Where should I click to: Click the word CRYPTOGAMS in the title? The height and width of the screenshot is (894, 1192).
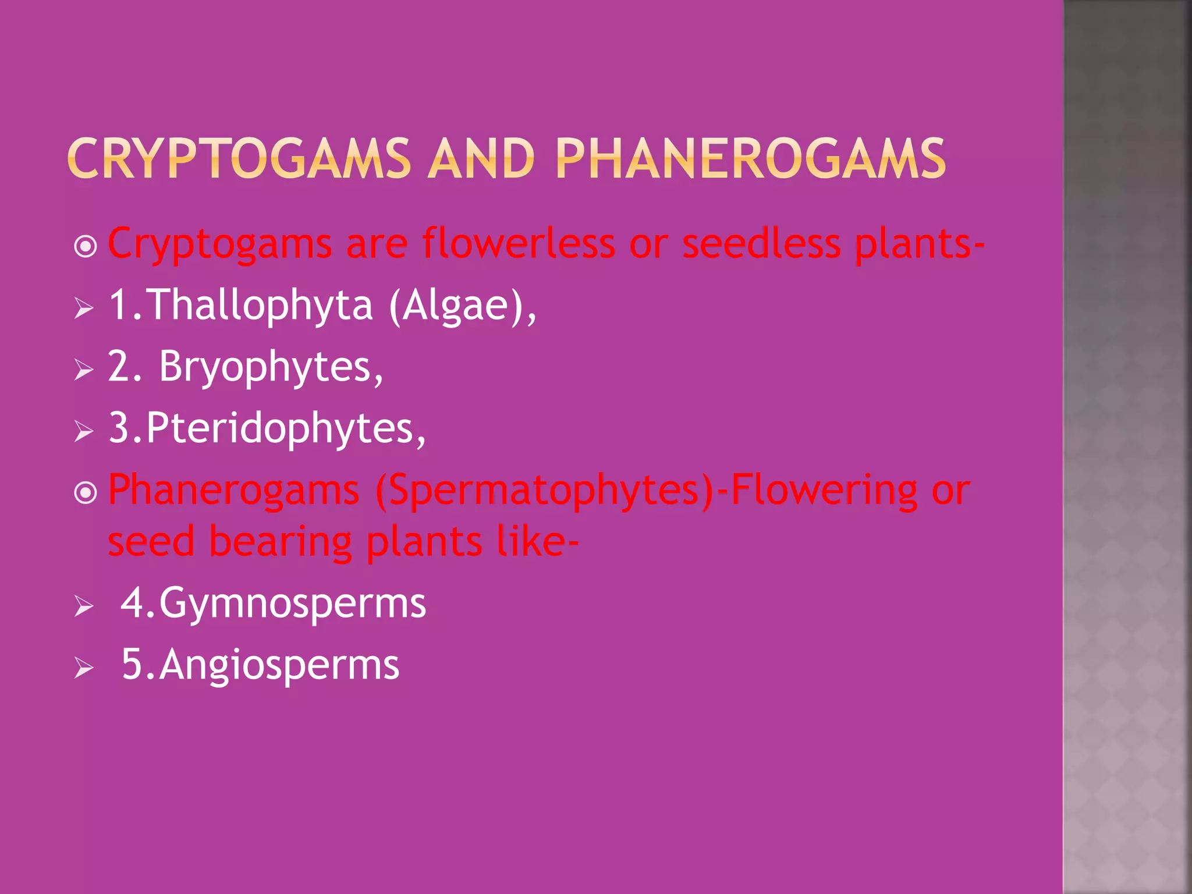pos(239,158)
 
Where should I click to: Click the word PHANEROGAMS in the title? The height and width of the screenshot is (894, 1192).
pos(750,158)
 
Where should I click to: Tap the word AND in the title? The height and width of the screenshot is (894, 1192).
pos(481,158)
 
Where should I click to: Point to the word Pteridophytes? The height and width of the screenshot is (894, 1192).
pos(285,428)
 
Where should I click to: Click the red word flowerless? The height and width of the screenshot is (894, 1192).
pos(518,243)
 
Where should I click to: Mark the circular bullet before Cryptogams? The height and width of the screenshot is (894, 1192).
pos(86,247)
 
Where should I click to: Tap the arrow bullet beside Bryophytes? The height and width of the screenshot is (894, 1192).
pos(84,370)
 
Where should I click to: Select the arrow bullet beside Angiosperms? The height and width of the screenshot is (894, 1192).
pos(84,668)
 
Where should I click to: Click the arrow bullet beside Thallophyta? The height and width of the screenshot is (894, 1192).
pos(84,308)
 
